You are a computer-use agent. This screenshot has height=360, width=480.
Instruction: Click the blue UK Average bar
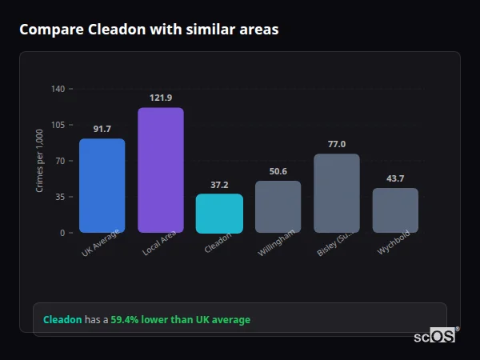102,186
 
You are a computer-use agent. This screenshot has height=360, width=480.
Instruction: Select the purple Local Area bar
160,170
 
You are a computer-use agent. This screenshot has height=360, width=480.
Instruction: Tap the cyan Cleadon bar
219,213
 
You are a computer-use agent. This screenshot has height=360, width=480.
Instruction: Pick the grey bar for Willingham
278,206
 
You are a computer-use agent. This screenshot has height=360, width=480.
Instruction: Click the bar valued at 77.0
336,193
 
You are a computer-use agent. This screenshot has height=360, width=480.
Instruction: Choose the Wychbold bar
395,210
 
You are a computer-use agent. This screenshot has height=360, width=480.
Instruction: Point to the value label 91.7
102,129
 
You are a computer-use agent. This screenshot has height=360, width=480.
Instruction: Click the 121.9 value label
160,98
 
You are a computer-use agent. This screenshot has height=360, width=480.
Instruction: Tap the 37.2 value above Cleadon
219,184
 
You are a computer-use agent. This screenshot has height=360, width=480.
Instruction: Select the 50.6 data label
278,170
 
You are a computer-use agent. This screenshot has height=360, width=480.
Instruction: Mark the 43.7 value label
395,178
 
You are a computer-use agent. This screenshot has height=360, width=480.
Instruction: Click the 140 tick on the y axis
58,89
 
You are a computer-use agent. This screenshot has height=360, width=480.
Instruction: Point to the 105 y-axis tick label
58,125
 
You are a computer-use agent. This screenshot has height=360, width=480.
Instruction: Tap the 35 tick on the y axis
60,197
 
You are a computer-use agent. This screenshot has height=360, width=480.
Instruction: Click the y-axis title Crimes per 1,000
39,161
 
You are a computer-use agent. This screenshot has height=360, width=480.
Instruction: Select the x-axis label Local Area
159,243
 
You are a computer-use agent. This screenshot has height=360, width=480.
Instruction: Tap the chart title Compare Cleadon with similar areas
149,30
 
